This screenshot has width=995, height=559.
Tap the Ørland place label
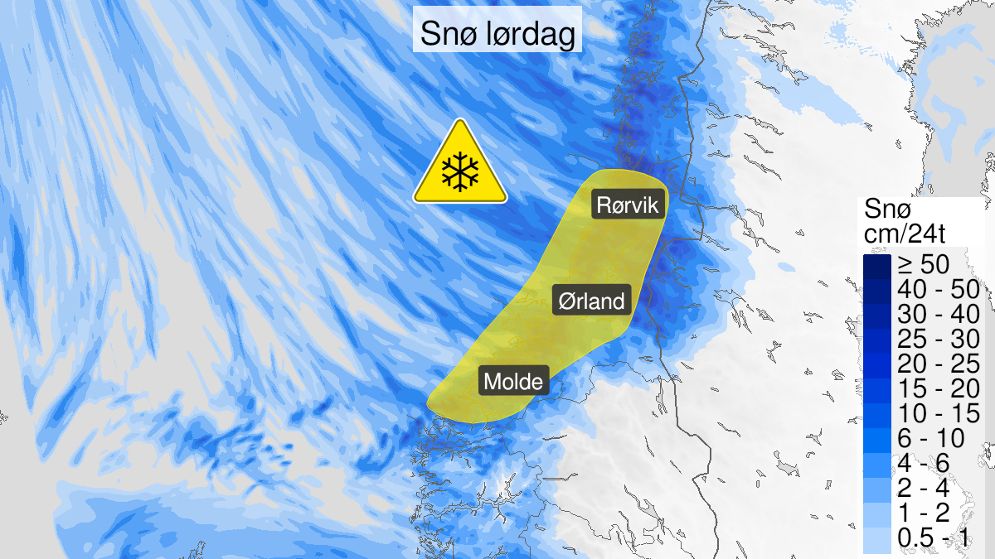coord(592,301)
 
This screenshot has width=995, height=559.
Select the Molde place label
coord(514,382)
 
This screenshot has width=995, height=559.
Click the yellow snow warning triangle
coord(460,166)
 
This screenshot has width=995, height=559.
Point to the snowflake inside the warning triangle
coord(460,171)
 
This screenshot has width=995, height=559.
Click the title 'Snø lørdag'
coord(497,34)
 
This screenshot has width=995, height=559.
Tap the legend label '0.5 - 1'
coord(932,540)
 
